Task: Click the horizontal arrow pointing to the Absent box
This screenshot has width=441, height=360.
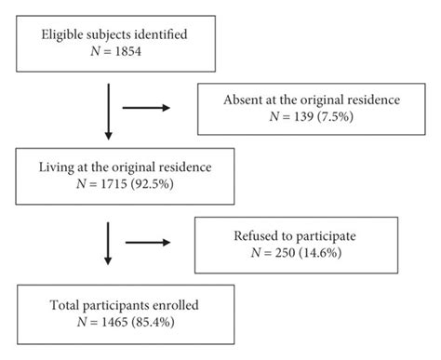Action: (x=150, y=108)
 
